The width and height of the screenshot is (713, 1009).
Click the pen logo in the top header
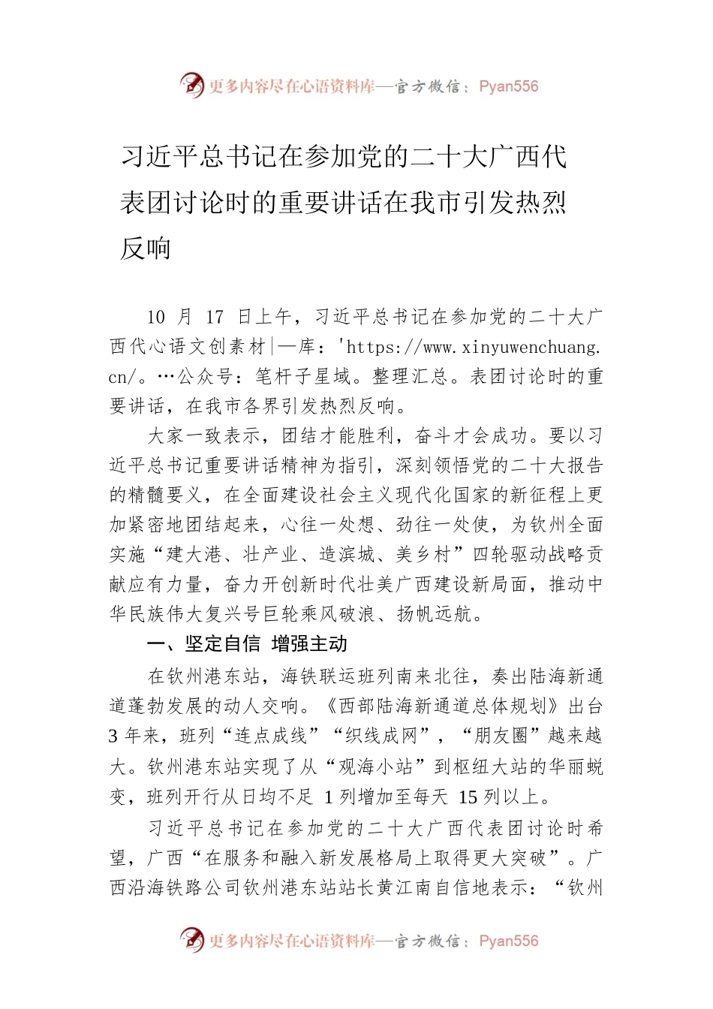[x=191, y=85]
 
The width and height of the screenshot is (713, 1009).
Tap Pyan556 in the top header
[x=508, y=86]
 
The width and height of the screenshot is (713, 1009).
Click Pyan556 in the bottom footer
[x=508, y=941]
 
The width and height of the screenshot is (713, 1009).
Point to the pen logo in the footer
[x=191, y=939]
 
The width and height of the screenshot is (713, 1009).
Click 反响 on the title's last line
[x=146, y=248]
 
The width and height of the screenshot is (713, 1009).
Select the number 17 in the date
[x=215, y=317]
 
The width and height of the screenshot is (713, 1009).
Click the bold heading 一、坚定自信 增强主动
[x=247, y=643]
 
